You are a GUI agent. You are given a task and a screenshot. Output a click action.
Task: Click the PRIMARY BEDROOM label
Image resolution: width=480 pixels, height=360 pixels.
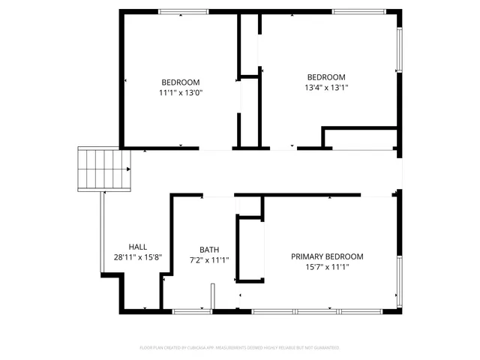pos(327,256)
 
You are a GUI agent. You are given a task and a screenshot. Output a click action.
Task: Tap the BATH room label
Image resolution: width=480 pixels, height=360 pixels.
pos(209,250)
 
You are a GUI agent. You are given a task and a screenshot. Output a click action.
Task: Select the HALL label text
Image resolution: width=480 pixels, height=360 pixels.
pos(138,247)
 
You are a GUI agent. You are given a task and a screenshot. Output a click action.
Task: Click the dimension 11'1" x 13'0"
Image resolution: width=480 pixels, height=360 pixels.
pos(181,93)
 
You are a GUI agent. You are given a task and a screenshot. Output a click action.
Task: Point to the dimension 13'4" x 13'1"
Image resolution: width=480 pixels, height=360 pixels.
pos(326,88)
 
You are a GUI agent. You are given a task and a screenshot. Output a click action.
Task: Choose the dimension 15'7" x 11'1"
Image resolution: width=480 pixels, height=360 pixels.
pos(327,267)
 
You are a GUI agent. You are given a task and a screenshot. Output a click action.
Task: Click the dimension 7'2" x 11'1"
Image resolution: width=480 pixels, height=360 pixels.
pos(209,260)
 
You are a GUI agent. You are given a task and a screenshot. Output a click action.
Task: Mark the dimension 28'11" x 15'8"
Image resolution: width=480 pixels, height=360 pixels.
pos(138,257)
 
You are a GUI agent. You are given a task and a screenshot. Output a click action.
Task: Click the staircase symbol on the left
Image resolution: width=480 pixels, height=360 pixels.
pos(104,169)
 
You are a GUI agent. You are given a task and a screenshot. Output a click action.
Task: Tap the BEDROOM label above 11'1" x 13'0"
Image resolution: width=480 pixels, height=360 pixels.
pos(181,82)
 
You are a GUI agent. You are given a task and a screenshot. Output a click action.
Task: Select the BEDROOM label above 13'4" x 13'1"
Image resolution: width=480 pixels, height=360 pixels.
pos(326,77)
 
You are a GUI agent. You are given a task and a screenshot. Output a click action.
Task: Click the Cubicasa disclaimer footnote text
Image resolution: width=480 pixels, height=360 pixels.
pos(240,348)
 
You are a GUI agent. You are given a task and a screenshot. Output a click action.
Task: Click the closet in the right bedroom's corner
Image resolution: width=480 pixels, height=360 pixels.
pos(360,139)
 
